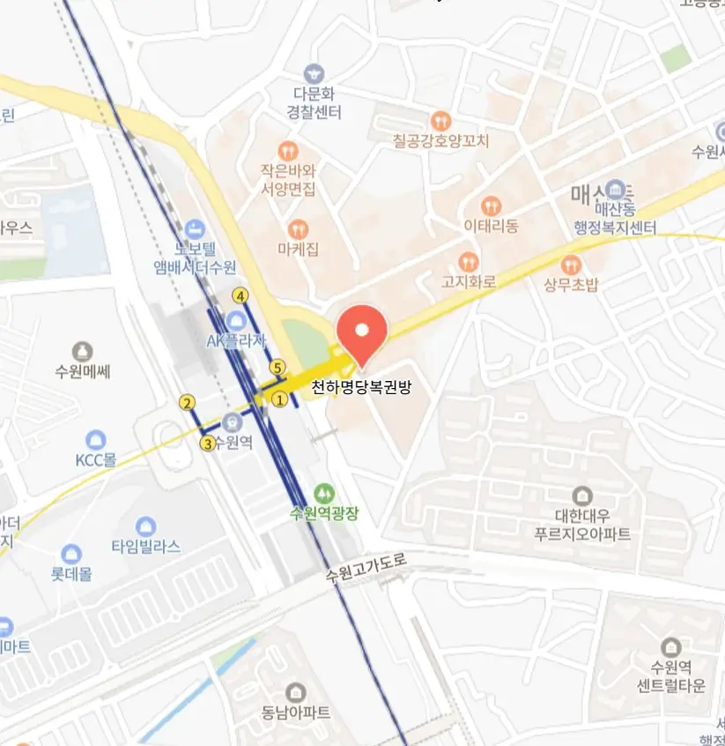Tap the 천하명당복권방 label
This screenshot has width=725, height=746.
click(x=362, y=386)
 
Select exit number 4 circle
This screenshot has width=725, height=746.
click(x=240, y=295)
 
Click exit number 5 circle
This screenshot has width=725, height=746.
click(x=278, y=367)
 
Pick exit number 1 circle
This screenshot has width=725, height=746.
click(x=280, y=399)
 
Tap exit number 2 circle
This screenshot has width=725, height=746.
click(x=187, y=403)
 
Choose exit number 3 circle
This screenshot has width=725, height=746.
click(x=208, y=444)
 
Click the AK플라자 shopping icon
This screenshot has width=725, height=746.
click(x=235, y=320)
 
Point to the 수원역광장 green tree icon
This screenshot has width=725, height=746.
click(x=325, y=492)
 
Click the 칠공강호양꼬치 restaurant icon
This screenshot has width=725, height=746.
click(x=440, y=120)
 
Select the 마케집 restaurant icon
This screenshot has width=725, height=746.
click(x=298, y=228)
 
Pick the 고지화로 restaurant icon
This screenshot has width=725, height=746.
click(x=469, y=261)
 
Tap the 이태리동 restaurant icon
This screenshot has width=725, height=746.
click(x=492, y=205)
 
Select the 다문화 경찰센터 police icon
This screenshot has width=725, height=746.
click(x=314, y=73)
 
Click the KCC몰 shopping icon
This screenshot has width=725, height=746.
click(x=96, y=439)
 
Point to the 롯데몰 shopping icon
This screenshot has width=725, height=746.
click(x=71, y=554)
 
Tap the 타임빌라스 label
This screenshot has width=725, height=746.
click(x=146, y=547)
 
